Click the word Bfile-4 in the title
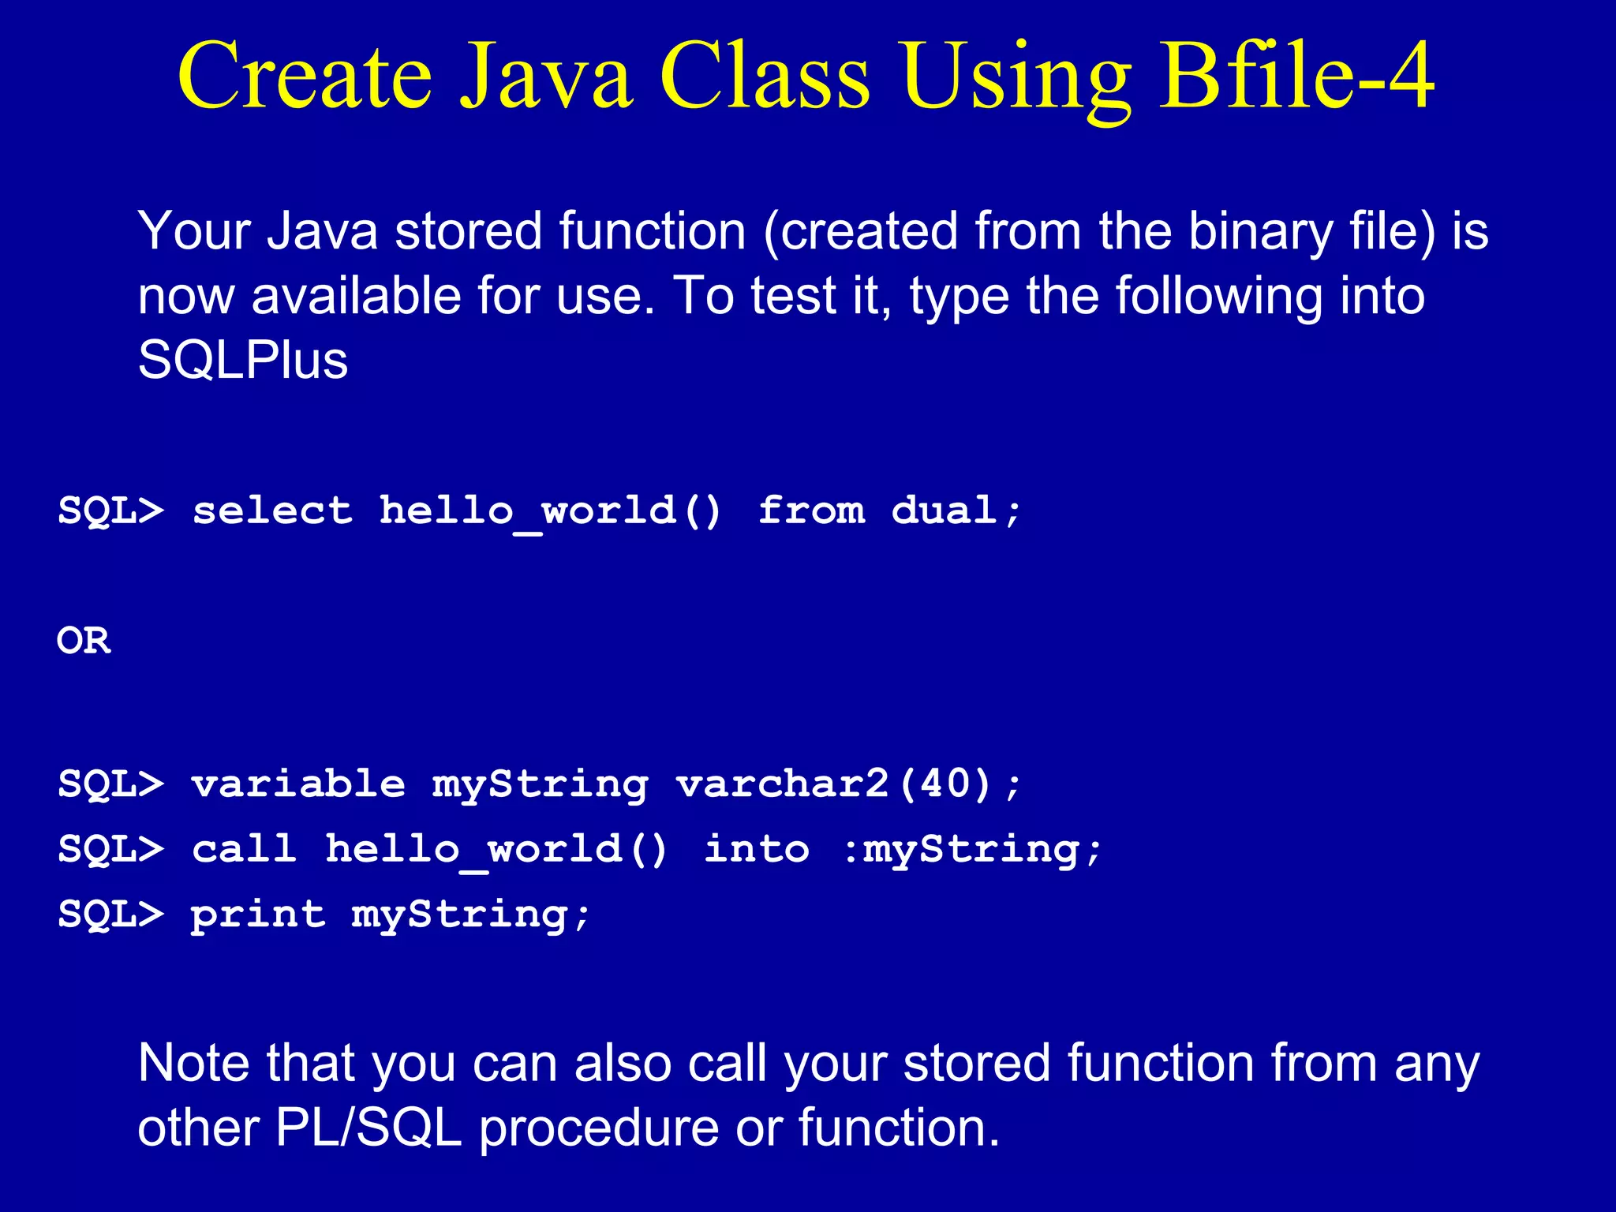[1296, 77]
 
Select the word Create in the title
[305, 77]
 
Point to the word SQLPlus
[242, 361]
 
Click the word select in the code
[272, 511]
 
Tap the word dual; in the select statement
[956, 511]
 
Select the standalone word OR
[84, 641]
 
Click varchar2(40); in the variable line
[849, 784]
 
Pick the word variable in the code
[298, 784]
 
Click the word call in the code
[245, 850]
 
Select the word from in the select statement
[811, 511]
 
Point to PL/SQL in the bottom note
[368, 1128]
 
